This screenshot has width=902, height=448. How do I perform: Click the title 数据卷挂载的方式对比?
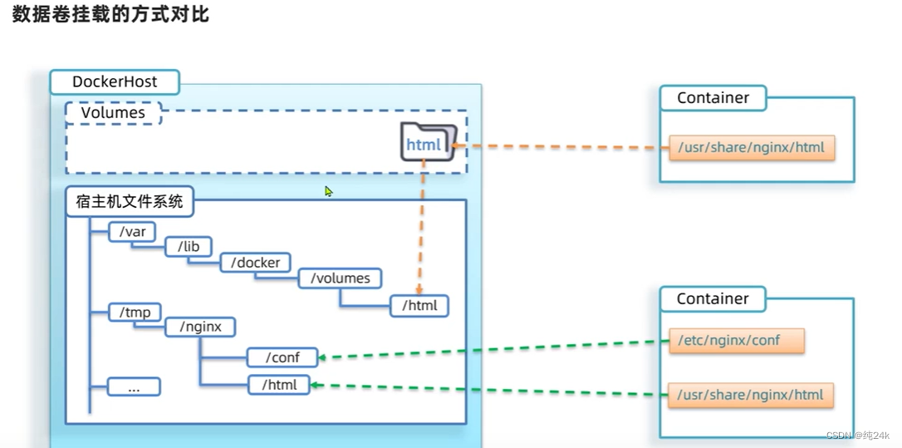coord(110,15)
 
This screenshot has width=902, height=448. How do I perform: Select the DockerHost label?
coord(114,82)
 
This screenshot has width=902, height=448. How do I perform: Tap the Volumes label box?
coord(113,112)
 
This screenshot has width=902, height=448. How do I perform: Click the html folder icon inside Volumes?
coord(428,142)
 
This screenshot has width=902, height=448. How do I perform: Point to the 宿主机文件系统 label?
coord(129,200)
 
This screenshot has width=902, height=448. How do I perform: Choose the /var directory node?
coord(132,232)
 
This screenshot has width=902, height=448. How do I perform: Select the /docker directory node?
coord(256,263)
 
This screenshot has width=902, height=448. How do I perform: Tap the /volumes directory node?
coord(340,278)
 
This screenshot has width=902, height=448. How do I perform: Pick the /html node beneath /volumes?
coord(419,306)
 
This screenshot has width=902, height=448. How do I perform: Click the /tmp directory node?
coord(134,312)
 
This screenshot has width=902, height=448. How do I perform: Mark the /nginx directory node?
coord(200,327)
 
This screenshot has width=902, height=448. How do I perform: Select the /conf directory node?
coord(282,357)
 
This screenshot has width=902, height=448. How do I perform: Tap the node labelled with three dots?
coord(134,387)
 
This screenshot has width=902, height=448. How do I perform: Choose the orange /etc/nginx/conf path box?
coord(736,340)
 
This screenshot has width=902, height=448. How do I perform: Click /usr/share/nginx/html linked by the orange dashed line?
coord(751,148)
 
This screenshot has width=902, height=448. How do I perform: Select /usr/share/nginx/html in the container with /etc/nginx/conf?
coord(751,395)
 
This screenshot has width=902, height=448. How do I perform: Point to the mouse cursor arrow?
coord(328,191)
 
